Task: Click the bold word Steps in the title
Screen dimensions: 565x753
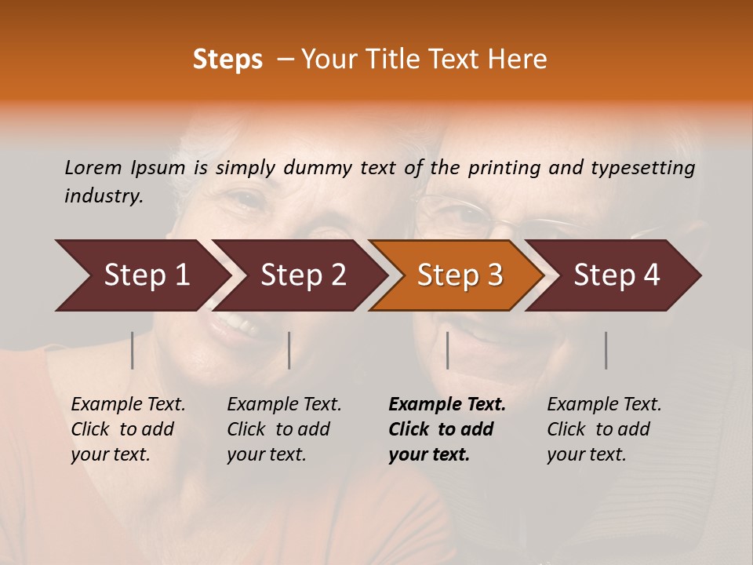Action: (227, 60)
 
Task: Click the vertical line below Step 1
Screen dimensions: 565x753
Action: (133, 350)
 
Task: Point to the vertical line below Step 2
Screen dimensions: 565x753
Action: (289, 350)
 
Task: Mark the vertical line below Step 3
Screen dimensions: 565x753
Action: (447, 350)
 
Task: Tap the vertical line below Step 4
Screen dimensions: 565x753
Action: (606, 350)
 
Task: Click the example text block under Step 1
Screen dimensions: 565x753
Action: (128, 429)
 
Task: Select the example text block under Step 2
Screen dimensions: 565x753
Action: (284, 429)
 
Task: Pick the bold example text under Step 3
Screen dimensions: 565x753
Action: (447, 429)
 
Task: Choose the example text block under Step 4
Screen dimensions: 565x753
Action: (604, 429)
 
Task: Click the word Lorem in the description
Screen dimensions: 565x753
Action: (93, 167)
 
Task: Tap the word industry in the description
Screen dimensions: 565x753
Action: (104, 196)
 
